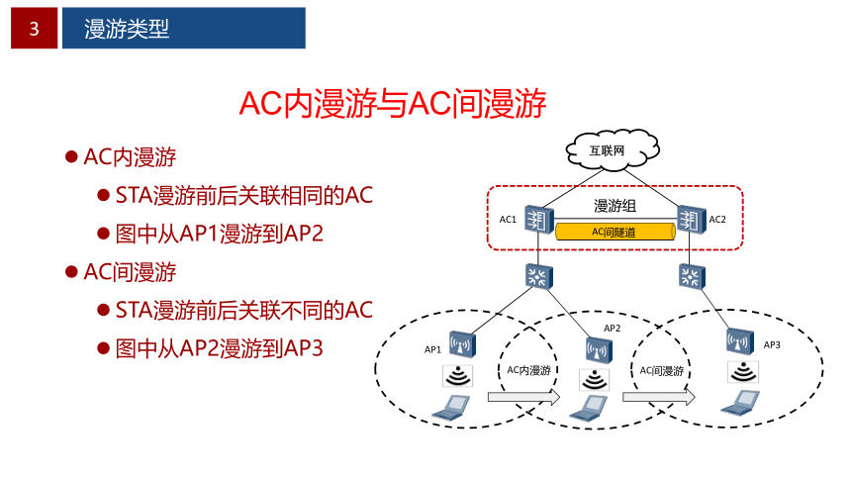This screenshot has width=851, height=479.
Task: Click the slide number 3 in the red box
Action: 35,29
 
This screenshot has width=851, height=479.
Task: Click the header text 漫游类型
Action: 127,29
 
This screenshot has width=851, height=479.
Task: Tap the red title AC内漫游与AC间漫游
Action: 393,103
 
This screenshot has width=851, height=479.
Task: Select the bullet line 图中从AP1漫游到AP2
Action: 220,234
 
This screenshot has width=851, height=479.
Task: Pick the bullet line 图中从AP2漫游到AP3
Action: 220,348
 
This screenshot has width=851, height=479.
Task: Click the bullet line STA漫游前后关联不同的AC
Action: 244,310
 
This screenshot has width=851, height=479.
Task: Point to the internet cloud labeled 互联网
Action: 613,149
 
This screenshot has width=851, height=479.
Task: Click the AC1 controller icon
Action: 539,220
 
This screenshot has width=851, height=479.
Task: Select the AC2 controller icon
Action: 692,220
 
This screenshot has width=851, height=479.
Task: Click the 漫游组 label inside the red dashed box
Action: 615,206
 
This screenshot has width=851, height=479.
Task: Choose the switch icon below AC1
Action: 539,276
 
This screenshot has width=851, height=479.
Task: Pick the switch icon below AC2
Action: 692,276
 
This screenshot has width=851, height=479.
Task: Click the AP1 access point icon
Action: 462,344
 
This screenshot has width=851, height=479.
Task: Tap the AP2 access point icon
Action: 600,349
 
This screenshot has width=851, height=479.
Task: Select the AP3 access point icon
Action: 740,341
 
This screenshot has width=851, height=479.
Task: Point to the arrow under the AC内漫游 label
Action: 523,397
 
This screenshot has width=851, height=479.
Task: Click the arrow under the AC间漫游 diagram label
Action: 659,397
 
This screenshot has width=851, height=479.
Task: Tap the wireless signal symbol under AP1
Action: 457,376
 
